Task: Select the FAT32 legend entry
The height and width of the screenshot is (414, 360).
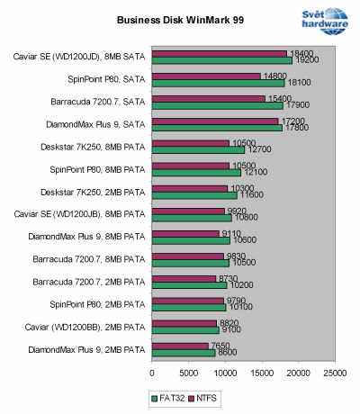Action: click(x=168, y=397)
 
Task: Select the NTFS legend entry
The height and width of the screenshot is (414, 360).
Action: click(x=208, y=397)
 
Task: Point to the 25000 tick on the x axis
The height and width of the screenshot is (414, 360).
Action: click(x=336, y=370)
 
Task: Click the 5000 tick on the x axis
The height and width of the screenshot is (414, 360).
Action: click(x=189, y=370)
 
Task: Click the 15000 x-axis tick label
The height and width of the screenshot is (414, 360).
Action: click(x=262, y=370)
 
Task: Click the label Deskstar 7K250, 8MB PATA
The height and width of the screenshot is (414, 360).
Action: click(x=94, y=147)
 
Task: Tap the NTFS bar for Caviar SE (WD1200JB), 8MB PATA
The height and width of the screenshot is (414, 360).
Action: click(x=188, y=211)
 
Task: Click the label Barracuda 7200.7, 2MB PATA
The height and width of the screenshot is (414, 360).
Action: click(x=90, y=282)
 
